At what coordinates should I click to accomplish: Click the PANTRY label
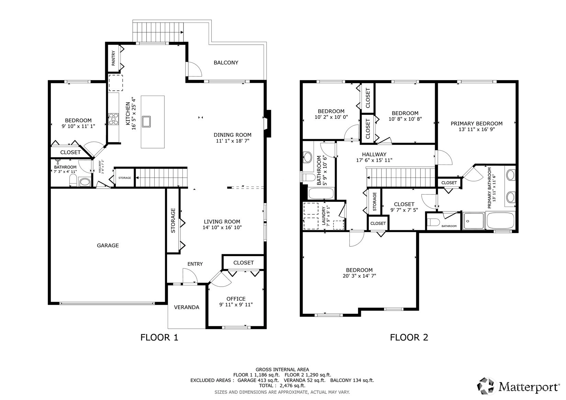(113, 58)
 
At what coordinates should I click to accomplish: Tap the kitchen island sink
(146, 121)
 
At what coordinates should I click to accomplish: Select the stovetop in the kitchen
(113, 119)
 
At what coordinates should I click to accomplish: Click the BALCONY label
(226, 63)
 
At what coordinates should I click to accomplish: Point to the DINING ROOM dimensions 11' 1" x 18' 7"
(232, 141)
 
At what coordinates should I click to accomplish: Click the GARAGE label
(108, 245)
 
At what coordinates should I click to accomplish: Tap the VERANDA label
(187, 307)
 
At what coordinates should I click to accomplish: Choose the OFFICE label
(236, 299)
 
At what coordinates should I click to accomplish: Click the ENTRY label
(195, 264)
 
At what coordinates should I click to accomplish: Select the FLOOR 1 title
(159, 337)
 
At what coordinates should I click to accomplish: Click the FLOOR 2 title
(409, 337)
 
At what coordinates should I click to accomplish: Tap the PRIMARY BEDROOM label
(477, 124)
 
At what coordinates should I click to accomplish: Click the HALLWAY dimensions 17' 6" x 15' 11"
(374, 160)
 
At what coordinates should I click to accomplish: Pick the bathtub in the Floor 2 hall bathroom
(321, 193)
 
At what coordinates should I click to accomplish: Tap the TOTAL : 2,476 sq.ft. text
(282, 386)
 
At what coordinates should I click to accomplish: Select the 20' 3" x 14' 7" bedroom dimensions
(359, 276)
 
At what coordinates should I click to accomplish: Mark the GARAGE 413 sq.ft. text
(258, 380)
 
